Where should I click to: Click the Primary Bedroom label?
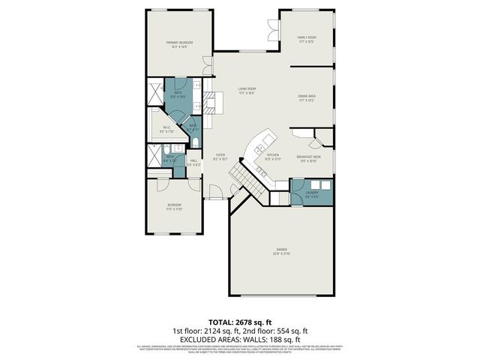tap(180, 43)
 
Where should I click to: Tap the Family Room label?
tap(304, 37)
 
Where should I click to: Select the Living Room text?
tap(247, 89)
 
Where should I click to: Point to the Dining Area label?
tap(305, 96)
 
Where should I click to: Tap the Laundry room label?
tap(311, 192)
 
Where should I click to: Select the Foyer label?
tap(220, 155)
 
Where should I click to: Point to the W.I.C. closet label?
tap(167, 127)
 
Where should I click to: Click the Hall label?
tap(193, 160)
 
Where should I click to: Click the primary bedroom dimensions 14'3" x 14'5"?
tap(180, 47)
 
